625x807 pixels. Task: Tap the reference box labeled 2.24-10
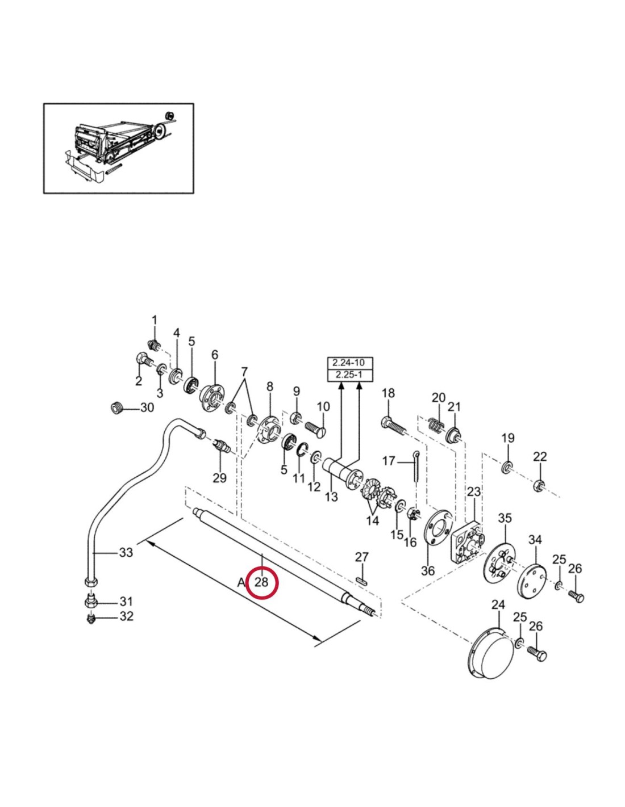pyautogui.click(x=349, y=363)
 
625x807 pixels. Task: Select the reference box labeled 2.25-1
pyautogui.click(x=349, y=375)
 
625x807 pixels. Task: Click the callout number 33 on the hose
pyautogui.click(x=126, y=552)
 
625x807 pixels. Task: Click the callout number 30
pyautogui.click(x=147, y=407)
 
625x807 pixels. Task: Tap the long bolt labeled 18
pyautogui.click(x=394, y=426)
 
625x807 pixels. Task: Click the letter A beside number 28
pyautogui.click(x=241, y=583)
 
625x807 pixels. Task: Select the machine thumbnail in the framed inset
pyautogui.click(x=119, y=148)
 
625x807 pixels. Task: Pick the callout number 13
pyautogui.click(x=331, y=497)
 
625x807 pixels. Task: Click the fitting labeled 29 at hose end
pyautogui.click(x=220, y=446)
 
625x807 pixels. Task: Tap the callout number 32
pyautogui.click(x=126, y=616)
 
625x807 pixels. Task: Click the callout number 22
pyautogui.click(x=540, y=457)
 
